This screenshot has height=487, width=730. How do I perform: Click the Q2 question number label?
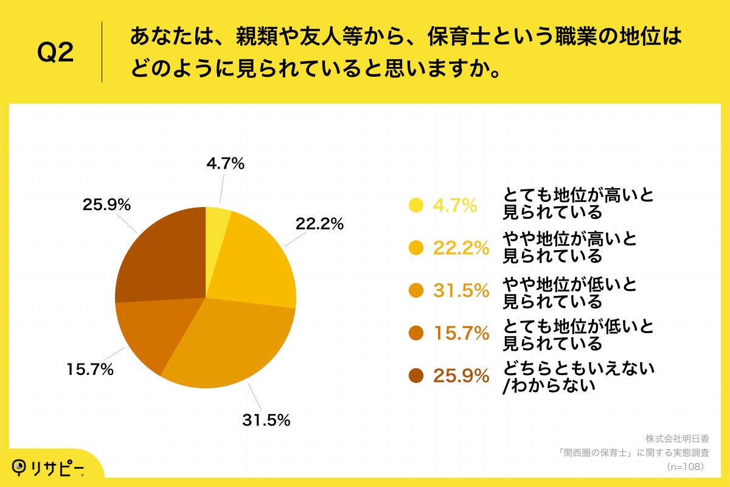[55, 53]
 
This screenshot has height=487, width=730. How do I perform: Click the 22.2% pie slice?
[255, 262]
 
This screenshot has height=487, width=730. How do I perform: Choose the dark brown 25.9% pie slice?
[158, 256]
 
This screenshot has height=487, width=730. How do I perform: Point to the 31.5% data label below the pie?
[265, 420]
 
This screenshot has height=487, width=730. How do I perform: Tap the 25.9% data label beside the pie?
[106, 205]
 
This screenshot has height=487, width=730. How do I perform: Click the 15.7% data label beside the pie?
[90, 370]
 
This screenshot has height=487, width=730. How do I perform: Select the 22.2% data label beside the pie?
[319, 224]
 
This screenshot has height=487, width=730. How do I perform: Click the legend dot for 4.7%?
[416, 206]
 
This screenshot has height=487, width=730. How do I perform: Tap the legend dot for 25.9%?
[416, 376]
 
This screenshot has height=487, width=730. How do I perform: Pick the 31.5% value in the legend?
[461, 291]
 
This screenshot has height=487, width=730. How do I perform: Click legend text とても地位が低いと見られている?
[578, 335]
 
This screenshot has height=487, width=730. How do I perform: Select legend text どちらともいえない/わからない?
[578, 377]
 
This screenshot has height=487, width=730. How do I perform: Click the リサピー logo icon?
[21, 468]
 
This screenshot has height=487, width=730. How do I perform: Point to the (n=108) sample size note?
[686, 466]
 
